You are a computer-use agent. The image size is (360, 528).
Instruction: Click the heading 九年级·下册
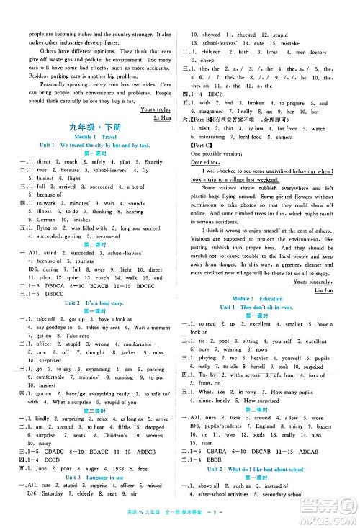91,128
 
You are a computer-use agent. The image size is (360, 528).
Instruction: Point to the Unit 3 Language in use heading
91,485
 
